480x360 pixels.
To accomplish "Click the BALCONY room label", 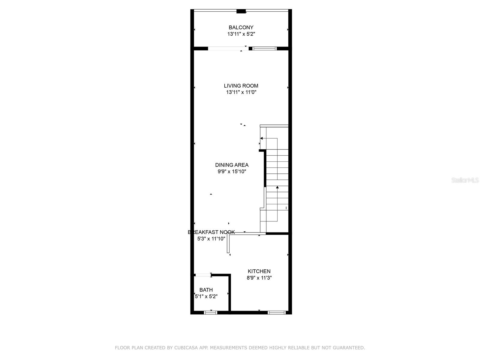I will (x=241, y=27).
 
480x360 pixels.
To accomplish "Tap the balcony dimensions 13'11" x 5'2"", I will (x=241, y=34).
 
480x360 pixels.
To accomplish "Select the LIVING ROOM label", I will (x=241, y=86).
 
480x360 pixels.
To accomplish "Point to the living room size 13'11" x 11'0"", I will (x=241, y=92).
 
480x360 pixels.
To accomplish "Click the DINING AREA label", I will (x=232, y=165).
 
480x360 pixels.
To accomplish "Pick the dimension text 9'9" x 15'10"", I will (x=232, y=172).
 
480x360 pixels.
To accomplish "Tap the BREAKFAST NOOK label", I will (x=211, y=232).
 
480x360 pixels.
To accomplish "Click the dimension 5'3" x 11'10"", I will (x=211, y=239).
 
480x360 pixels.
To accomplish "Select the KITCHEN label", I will (x=259, y=271).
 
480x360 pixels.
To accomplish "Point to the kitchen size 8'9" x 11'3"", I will (x=259, y=278).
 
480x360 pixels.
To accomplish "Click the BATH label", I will (x=206, y=290).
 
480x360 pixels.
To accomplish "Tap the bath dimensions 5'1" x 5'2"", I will (x=206, y=296).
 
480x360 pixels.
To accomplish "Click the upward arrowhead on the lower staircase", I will (x=277, y=187).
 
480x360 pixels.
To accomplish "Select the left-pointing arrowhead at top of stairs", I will (x=262, y=138).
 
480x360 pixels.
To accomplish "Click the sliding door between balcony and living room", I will (x=228, y=48).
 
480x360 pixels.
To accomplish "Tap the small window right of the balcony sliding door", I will (x=264, y=48).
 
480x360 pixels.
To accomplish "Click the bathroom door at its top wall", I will (x=203, y=275).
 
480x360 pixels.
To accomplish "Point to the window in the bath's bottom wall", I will (x=210, y=313).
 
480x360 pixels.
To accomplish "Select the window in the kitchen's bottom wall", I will (x=276, y=313).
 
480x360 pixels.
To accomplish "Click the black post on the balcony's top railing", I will (x=241, y=11).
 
